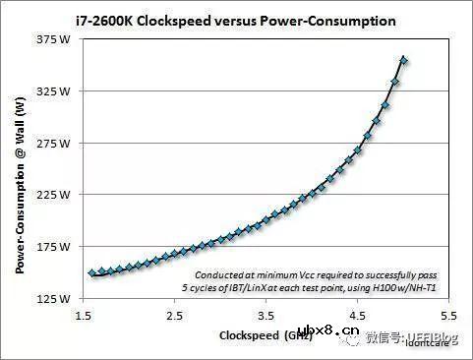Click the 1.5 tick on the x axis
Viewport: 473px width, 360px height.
(x=84, y=316)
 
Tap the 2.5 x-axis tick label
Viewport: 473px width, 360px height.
(x=174, y=316)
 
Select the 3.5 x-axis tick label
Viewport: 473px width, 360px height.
(x=265, y=316)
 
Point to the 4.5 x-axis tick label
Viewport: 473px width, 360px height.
(x=356, y=316)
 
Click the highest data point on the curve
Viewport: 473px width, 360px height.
(x=404, y=60)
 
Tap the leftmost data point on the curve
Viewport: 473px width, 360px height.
(x=92, y=272)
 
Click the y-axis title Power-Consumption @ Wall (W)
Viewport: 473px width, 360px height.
(x=20, y=168)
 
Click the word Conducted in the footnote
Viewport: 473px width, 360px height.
(x=219, y=274)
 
